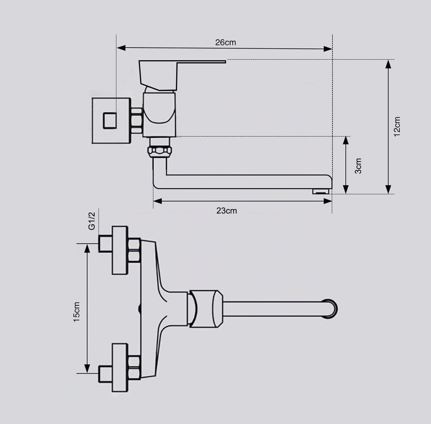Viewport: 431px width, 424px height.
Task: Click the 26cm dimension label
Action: coord(225,42)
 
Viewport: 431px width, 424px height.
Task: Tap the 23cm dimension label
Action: coord(227,211)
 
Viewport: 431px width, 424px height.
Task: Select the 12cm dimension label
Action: coord(397,127)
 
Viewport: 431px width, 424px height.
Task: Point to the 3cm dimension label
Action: coord(358,166)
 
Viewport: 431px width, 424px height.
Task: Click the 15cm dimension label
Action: coord(76,312)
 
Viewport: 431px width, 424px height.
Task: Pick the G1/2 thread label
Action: coord(91,221)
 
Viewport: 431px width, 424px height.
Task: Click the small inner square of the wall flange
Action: coord(110,121)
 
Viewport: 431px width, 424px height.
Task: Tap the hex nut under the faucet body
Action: coord(160,152)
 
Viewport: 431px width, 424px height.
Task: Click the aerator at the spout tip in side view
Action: coord(322,191)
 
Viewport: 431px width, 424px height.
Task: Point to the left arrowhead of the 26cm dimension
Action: coord(121,48)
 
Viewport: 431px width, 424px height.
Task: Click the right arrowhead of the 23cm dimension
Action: coord(328,201)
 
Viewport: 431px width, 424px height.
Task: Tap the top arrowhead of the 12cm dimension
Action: coord(388,64)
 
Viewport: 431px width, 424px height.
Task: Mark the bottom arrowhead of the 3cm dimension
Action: coord(346,189)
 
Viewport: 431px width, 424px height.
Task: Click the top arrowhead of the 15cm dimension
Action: coord(87,248)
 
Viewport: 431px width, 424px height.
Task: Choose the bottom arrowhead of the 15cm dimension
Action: coord(87,369)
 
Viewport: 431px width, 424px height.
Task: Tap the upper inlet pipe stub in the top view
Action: coord(105,244)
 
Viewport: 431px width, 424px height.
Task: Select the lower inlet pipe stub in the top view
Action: coord(105,374)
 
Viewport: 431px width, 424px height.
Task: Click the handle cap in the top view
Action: coord(206,309)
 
